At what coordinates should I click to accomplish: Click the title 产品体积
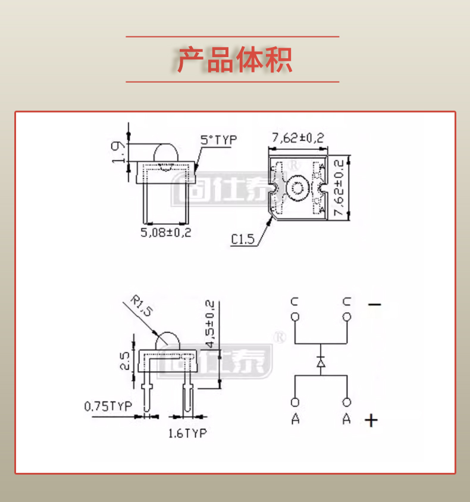234,59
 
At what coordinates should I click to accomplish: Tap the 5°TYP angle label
218,140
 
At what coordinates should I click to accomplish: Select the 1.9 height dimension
118,152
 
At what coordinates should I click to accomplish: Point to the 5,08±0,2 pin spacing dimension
166,232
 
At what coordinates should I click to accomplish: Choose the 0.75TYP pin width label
108,407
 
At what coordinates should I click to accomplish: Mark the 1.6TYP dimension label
187,433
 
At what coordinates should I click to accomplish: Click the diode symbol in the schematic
321,361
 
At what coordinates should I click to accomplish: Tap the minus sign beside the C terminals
374,305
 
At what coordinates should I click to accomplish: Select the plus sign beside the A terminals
371,421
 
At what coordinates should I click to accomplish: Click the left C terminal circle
295,316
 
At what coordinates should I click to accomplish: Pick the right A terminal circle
347,403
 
